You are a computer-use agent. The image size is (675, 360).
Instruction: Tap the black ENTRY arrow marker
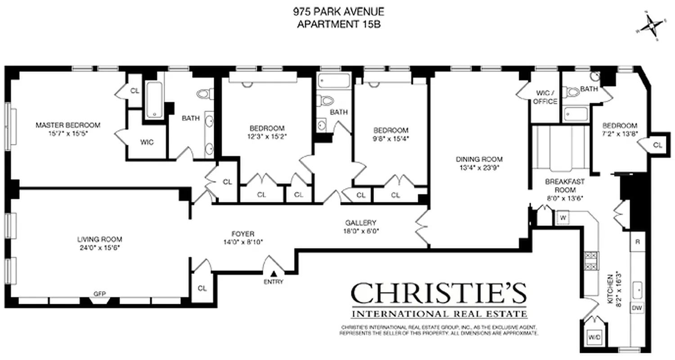tap(274, 273)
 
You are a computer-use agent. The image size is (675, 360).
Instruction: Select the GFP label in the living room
tap(99, 294)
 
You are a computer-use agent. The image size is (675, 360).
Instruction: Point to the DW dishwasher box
tap(636, 308)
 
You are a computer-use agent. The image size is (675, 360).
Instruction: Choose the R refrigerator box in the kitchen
tap(637, 241)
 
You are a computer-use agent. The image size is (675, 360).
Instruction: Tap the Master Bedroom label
tap(68, 125)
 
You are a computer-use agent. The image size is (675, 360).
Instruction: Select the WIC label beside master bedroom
tap(147, 142)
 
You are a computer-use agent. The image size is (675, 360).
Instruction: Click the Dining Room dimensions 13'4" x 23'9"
tap(479, 167)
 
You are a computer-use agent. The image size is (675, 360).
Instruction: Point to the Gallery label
tap(360, 223)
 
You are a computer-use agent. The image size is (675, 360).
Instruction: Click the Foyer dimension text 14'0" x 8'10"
tap(243, 242)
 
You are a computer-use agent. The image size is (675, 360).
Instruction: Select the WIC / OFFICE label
tap(545, 97)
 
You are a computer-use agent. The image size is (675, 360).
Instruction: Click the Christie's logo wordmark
tap(438, 294)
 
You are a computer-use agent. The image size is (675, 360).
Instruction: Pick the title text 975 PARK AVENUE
tap(338, 12)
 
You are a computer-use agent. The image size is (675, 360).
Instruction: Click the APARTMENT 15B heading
tap(338, 25)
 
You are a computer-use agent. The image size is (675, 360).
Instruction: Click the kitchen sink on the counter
tap(637, 289)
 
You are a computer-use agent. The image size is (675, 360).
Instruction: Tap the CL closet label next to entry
tap(202, 288)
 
